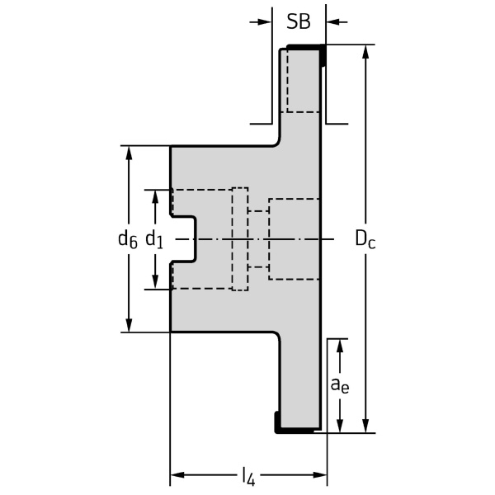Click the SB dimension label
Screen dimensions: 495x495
tap(299, 22)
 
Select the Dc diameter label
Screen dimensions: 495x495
tap(365, 238)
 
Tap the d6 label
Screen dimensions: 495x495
tap(127, 239)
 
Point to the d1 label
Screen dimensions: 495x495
tap(154, 239)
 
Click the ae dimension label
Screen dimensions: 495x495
tap(339, 384)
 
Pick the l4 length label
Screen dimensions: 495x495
tap(248, 475)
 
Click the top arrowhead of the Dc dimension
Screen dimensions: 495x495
tap(366, 52)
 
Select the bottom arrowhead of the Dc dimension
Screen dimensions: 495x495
tap(366, 425)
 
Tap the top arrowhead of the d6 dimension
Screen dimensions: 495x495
tap(128, 154)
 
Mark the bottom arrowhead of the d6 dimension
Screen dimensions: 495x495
tap(128, 325)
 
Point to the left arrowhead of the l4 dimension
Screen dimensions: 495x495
tap(177, 475)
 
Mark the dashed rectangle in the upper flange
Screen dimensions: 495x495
tap(302, 80)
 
